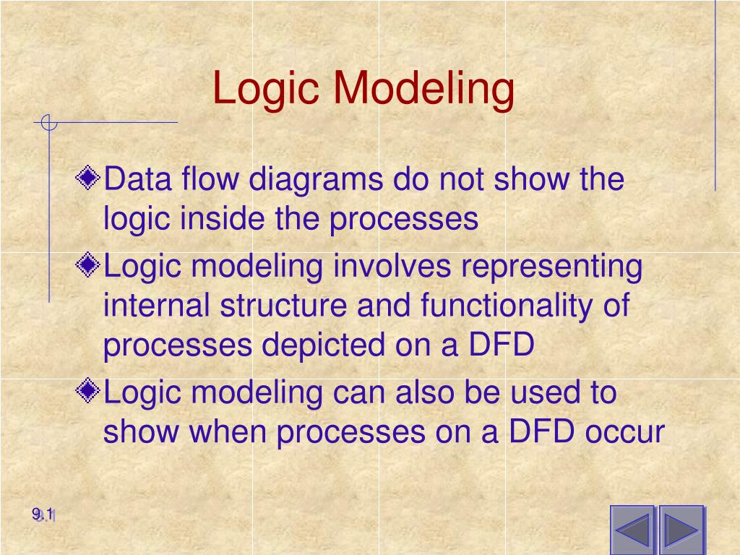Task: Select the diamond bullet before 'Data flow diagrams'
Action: click(89, 178)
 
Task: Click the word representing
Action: click(552, 267)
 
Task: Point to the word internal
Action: click(157, 306)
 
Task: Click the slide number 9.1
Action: click(43, 515)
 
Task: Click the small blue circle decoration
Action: click(48, 124)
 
